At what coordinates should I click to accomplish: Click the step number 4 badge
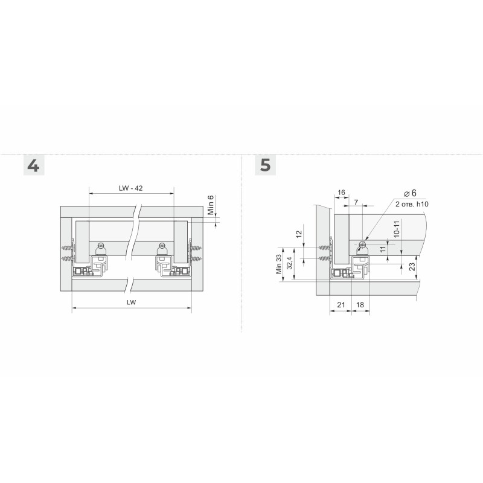pos(34,165)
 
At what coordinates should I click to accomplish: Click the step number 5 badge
pos(265,165)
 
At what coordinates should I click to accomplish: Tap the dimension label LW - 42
pos(131,188)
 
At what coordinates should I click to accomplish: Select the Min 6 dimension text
pos(211,205)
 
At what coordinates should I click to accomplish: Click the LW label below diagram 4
pos(131,302)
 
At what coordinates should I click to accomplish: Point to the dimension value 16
pos(341,193)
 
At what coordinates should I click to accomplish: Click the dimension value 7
pos(356,202)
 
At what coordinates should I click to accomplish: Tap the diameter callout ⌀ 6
pos(410,193)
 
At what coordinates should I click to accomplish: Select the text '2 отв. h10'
pos(412,204)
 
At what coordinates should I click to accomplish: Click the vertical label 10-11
pos(397,229)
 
